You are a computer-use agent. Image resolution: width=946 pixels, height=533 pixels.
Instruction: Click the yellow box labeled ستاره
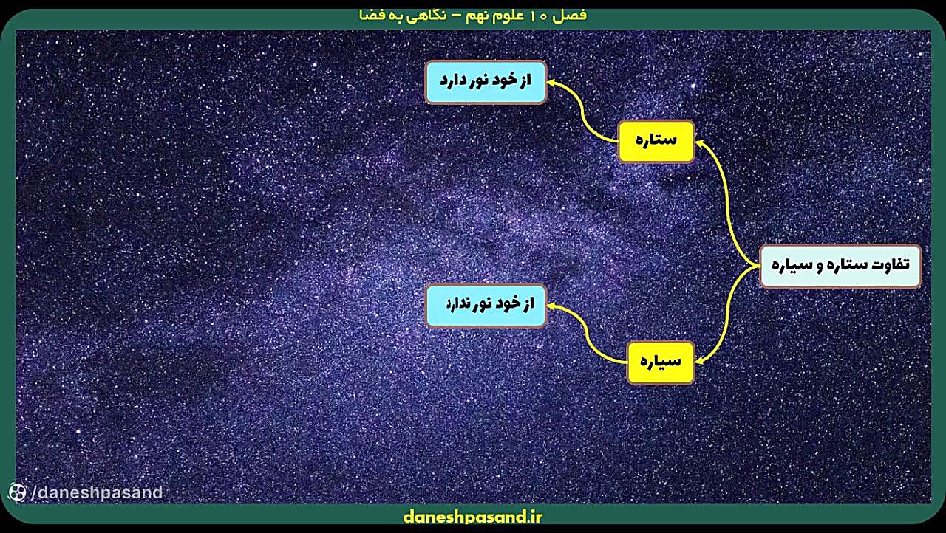[656, 141]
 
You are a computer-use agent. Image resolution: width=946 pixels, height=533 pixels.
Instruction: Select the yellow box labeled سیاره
[661, 362]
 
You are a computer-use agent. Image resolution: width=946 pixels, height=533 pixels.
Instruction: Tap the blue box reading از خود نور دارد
[486, 82]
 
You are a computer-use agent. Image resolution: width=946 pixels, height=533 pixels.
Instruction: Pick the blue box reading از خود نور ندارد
[486, 306]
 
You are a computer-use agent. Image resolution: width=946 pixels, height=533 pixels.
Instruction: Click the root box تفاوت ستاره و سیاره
[840, 266]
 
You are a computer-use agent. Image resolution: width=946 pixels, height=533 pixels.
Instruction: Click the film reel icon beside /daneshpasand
[17, 492]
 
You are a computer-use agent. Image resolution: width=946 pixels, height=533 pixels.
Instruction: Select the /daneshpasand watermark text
[97, 492]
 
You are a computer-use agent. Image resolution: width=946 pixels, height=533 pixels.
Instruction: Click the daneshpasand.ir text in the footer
[472, 517]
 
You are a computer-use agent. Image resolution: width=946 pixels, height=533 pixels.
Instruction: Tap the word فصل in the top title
[572, 16]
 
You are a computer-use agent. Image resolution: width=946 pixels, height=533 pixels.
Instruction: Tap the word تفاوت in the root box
[892, 264]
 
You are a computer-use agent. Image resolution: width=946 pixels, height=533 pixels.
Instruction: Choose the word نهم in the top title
[477, 16]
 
